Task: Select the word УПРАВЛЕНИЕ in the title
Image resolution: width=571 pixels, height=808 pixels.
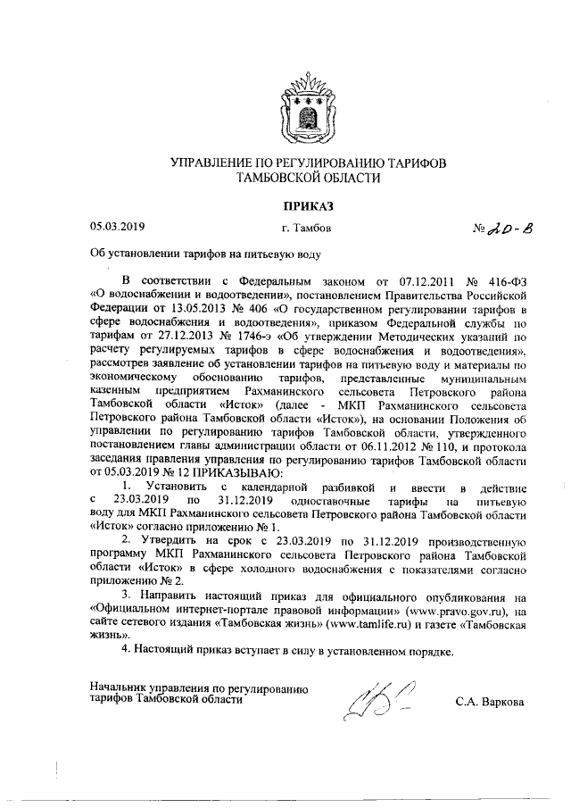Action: click(215, 162)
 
